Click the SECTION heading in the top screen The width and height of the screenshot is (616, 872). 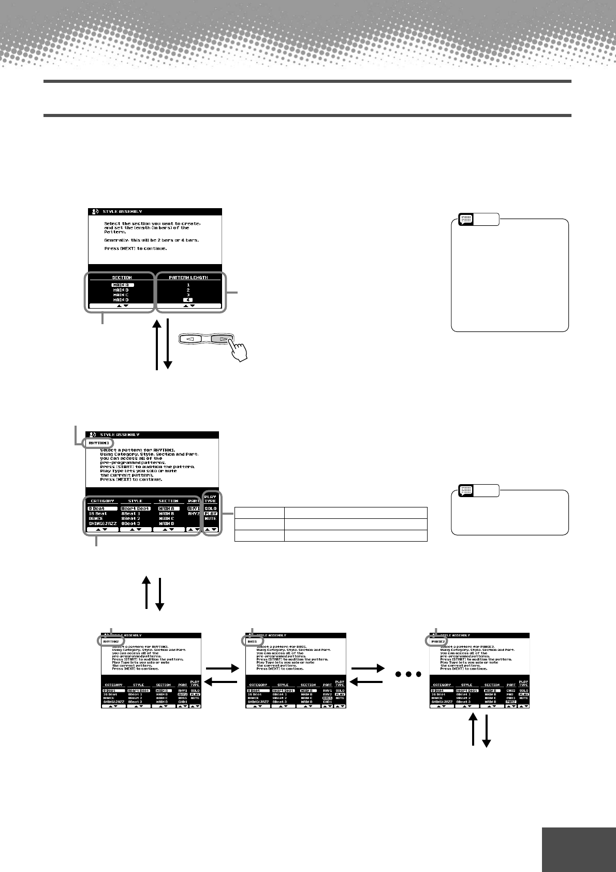[122, 278]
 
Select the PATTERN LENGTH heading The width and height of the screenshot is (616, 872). [188, 278]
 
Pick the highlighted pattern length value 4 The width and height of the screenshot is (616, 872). [188, 300]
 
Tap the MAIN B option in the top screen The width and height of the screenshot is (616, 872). [121, 290]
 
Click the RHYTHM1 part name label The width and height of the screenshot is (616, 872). [99, 443]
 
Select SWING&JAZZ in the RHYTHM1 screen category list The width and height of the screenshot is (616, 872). [102, 524]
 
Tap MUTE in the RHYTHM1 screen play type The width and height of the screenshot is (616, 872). [210, 518]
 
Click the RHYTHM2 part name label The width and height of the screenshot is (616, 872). [111, 642]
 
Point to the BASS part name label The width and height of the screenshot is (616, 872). [252, 642]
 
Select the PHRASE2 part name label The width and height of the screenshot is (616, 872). [438, 642]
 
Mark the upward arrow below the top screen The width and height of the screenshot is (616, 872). [157, 344]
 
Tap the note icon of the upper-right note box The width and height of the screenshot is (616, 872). [466, 219]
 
